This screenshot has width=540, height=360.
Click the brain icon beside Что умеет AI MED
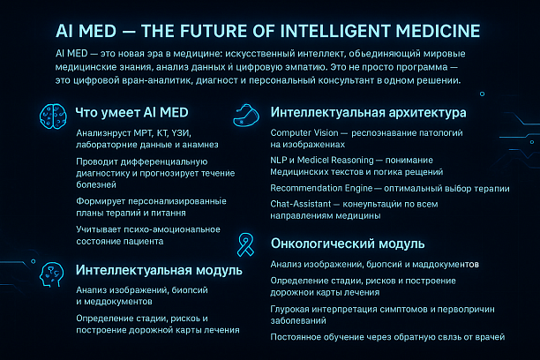click(x=54, y=116)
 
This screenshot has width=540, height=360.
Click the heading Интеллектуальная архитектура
click(x=369, y=114)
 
